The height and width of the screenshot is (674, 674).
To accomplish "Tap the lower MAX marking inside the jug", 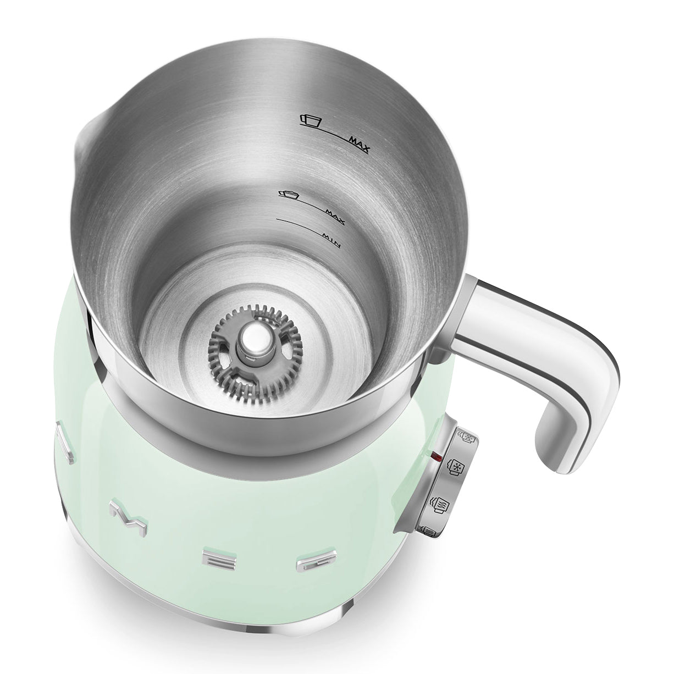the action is [335, 217].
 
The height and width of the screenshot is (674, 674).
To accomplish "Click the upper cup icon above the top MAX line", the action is [311, 120].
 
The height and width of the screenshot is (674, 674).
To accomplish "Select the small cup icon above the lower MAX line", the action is [288, 195].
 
